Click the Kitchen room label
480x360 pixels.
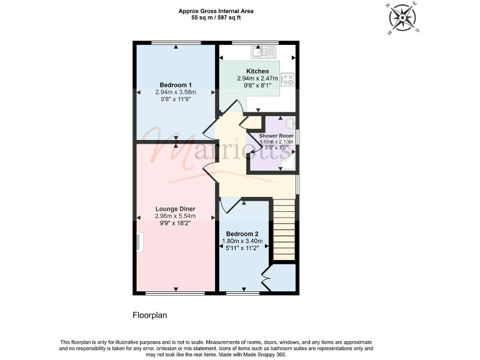pos(257,71)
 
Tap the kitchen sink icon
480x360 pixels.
pos(259,51)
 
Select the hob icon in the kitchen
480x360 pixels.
pos(288,79)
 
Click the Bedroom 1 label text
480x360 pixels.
pos(176,84)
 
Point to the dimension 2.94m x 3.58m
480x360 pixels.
pos(176,92)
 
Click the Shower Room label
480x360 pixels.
pos(276,136)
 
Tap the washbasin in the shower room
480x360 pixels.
pos(291,123)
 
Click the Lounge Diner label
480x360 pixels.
pos(176,209)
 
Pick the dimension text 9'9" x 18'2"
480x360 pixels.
pos(176,223)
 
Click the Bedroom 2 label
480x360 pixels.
pos(242,234)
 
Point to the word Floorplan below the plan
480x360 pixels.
pos(150,316)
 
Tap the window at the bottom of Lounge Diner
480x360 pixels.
pos(176,292)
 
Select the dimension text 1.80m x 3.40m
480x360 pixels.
pos(242,241)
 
